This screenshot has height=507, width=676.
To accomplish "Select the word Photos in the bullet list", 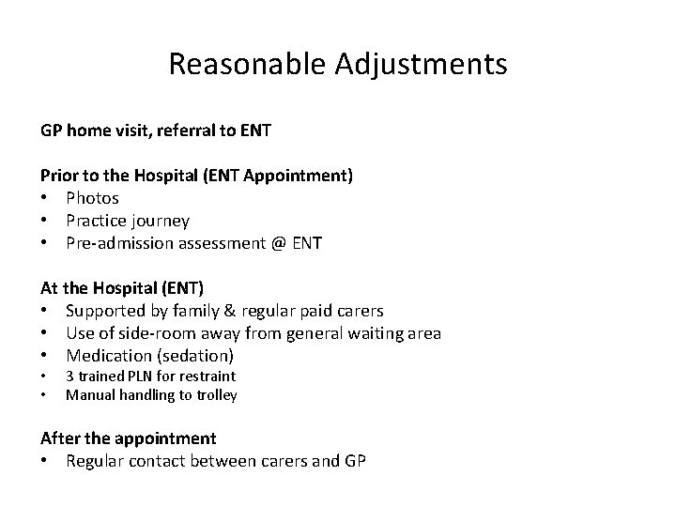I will coord(92,198).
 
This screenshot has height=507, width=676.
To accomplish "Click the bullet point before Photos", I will coord(44,198).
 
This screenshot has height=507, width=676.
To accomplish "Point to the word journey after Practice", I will coord(159,221).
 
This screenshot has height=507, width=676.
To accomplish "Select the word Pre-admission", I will coord(123,243).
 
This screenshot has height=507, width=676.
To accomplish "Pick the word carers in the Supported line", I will coord(358,311).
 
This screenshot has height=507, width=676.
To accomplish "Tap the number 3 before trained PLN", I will coord(69,376).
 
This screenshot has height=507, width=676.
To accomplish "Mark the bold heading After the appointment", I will coord(128,438).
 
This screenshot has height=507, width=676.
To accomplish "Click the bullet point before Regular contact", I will coord(44,461).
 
